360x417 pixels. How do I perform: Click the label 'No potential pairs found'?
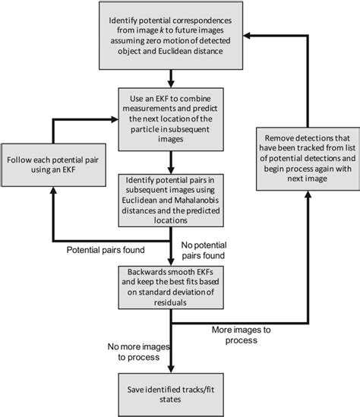pyautogui.click(x=215, y=251)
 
